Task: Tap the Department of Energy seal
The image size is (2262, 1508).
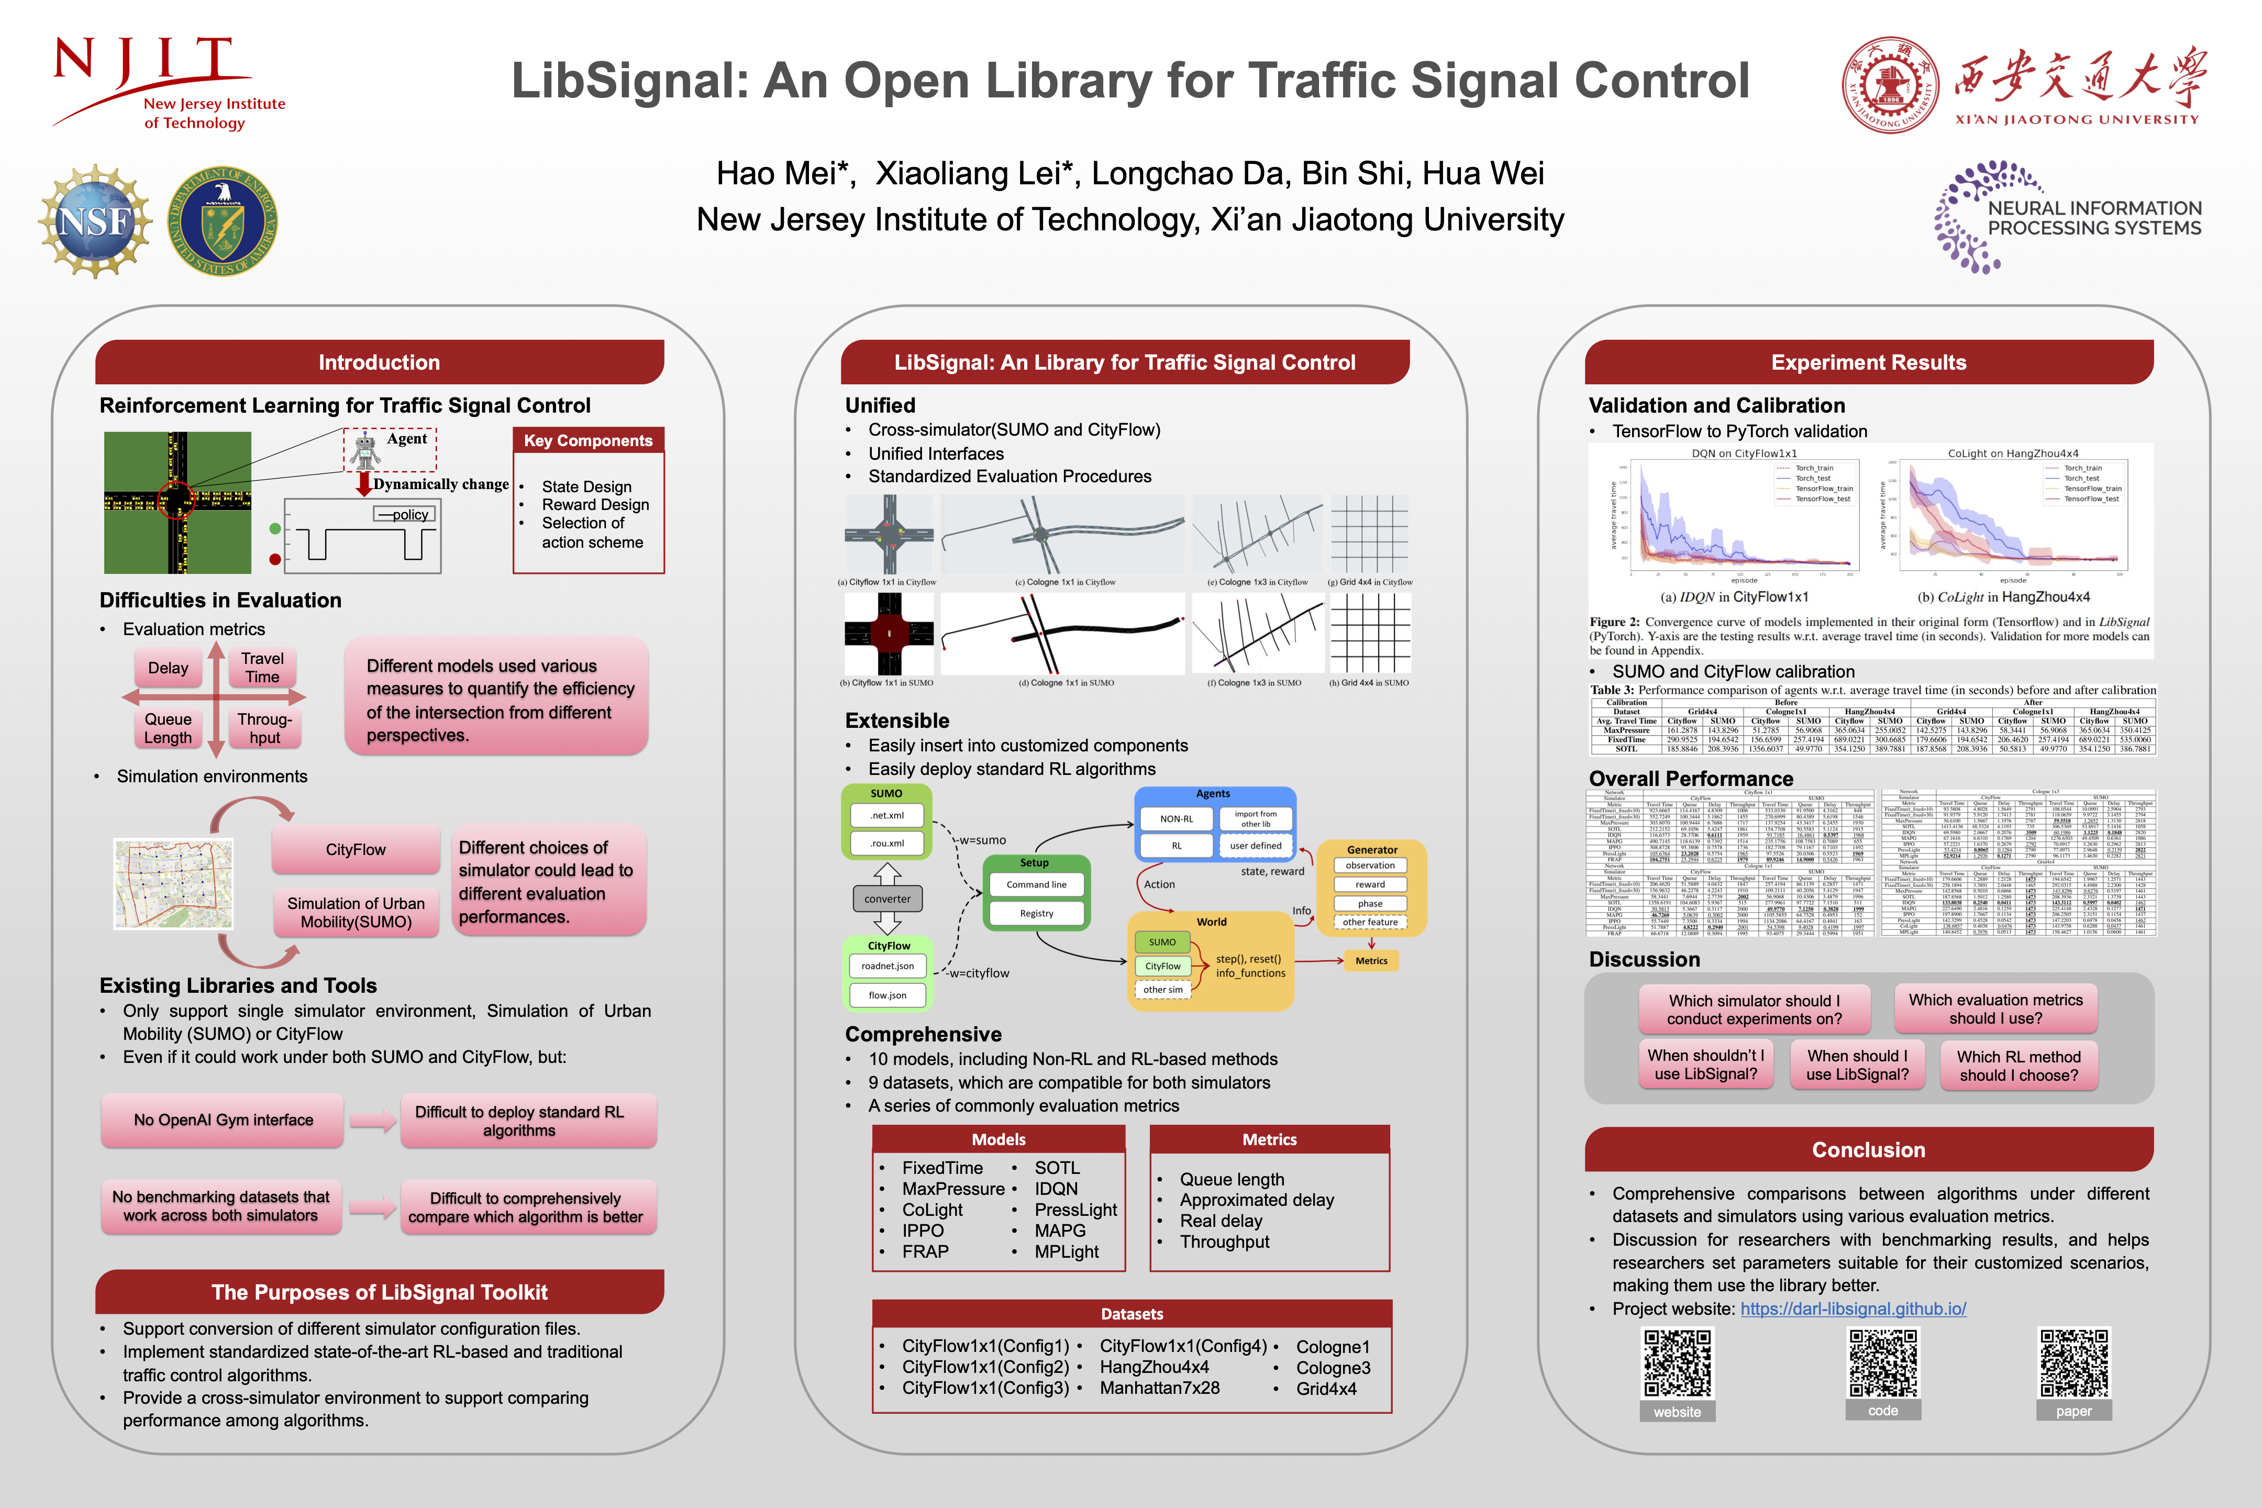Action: tap(223, 221)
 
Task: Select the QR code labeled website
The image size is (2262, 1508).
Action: tap(1677, 1363)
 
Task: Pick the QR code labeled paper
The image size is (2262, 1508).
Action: tap(2075, 1363)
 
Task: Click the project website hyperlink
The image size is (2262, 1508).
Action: tap(1853, 1309)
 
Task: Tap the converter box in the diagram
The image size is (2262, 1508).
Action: tap(886, 899)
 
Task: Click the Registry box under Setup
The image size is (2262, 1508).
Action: tap(1036, 914)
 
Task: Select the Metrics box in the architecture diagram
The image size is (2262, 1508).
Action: tap(1370, 961)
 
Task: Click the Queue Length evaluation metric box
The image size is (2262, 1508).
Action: tap(168, 728)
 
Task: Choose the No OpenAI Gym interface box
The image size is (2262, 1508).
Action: tap(223, 1121)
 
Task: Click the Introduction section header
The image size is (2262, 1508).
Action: tap(379, 362)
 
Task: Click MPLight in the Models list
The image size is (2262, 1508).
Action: tap(1067, 1252)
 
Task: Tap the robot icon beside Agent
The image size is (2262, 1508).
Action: tap(364, 450)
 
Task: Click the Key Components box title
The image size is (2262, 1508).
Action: tap(587, 440)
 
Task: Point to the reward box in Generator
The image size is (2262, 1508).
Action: tap(1370, 885)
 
